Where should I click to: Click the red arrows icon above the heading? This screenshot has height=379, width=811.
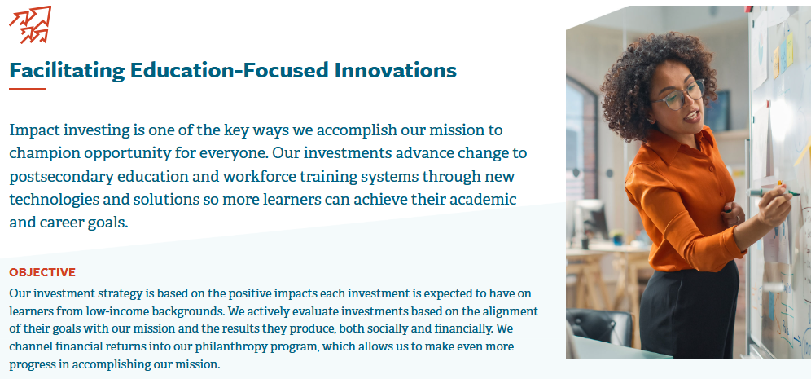[x=30, y=24]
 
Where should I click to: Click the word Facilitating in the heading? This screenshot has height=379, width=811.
[x=68, y=70]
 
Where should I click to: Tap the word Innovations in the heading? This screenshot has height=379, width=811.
[x=396, y=70]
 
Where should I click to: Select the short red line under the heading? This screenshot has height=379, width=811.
[x=28, y=89]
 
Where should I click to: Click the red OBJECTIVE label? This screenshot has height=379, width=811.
[x=42, y=272]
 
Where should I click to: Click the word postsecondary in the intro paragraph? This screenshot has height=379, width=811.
[x=61, y=177]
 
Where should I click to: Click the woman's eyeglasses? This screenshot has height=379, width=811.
[x=678, y=95]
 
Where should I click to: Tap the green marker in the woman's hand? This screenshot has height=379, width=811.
[x=774, y=192]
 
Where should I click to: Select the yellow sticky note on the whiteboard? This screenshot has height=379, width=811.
[x=789, y=49]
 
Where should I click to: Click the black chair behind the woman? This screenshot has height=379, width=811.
[x=599, y=327]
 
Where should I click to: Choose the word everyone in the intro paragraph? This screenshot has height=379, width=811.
[x=229, y=154]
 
